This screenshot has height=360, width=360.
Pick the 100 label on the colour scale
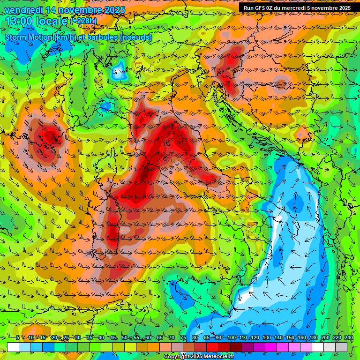231,338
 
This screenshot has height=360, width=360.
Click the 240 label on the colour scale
349,338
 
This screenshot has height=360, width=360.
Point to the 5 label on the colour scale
18,338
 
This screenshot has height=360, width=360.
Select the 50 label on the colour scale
124,338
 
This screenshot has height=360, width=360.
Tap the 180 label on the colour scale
313,338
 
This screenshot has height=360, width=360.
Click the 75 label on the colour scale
183,338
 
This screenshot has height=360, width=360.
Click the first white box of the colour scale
13,347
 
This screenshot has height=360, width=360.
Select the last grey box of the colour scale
342,347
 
